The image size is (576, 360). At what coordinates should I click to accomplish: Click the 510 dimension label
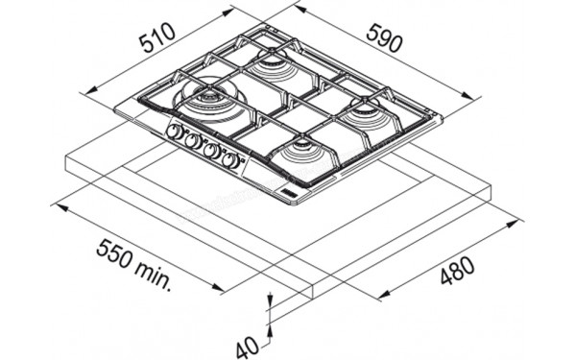[x=156, y=40]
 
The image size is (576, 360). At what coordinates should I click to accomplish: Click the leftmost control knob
[x=175, y=132]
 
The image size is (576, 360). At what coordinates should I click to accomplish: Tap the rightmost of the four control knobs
[x=229, y=160]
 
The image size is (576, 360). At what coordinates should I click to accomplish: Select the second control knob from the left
[x=192, y=141]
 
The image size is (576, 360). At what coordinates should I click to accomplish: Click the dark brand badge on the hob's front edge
[x=287, y=194]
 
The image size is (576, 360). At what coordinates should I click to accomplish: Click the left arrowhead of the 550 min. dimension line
[x=55, y=204]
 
